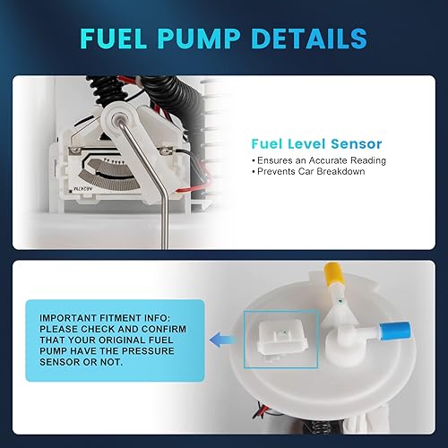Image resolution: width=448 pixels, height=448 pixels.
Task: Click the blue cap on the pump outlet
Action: point(389,328)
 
